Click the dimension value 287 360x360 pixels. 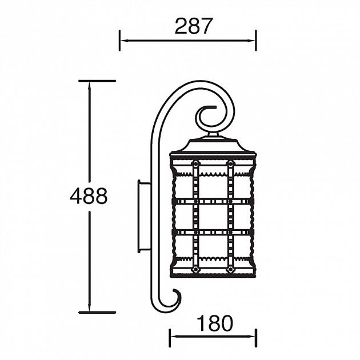pos(193,26)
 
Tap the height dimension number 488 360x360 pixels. pos(89,196)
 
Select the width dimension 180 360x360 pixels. pos(215,323)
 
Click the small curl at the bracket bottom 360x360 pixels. pos(171,299)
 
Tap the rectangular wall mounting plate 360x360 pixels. pos(143,216)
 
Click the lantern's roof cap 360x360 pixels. pos(213,146)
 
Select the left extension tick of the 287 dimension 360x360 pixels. pos(119,40)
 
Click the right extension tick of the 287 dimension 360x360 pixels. pos(255,40)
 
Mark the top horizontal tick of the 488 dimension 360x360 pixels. pos(97,81)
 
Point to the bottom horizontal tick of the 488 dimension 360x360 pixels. pos(97,312)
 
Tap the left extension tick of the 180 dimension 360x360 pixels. pos(170,337)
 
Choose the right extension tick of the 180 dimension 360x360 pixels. pos(255,337)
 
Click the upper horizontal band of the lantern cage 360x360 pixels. pos(213,201)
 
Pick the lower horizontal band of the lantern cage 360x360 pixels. pos(213,232)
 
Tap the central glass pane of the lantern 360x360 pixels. pos(213,217)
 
